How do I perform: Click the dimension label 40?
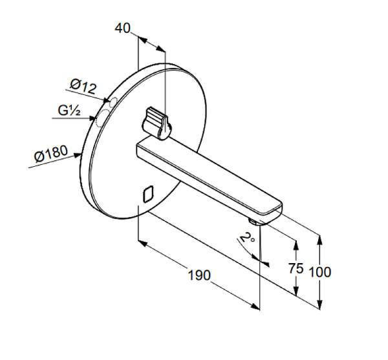tap(123, 28)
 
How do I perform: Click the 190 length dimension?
tap(199, 275)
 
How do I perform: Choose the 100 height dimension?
tap(321, 272)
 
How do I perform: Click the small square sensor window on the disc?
tap(147, 193)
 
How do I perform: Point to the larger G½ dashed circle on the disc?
tap(102, 119)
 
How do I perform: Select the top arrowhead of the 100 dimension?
tap(321, 239)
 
